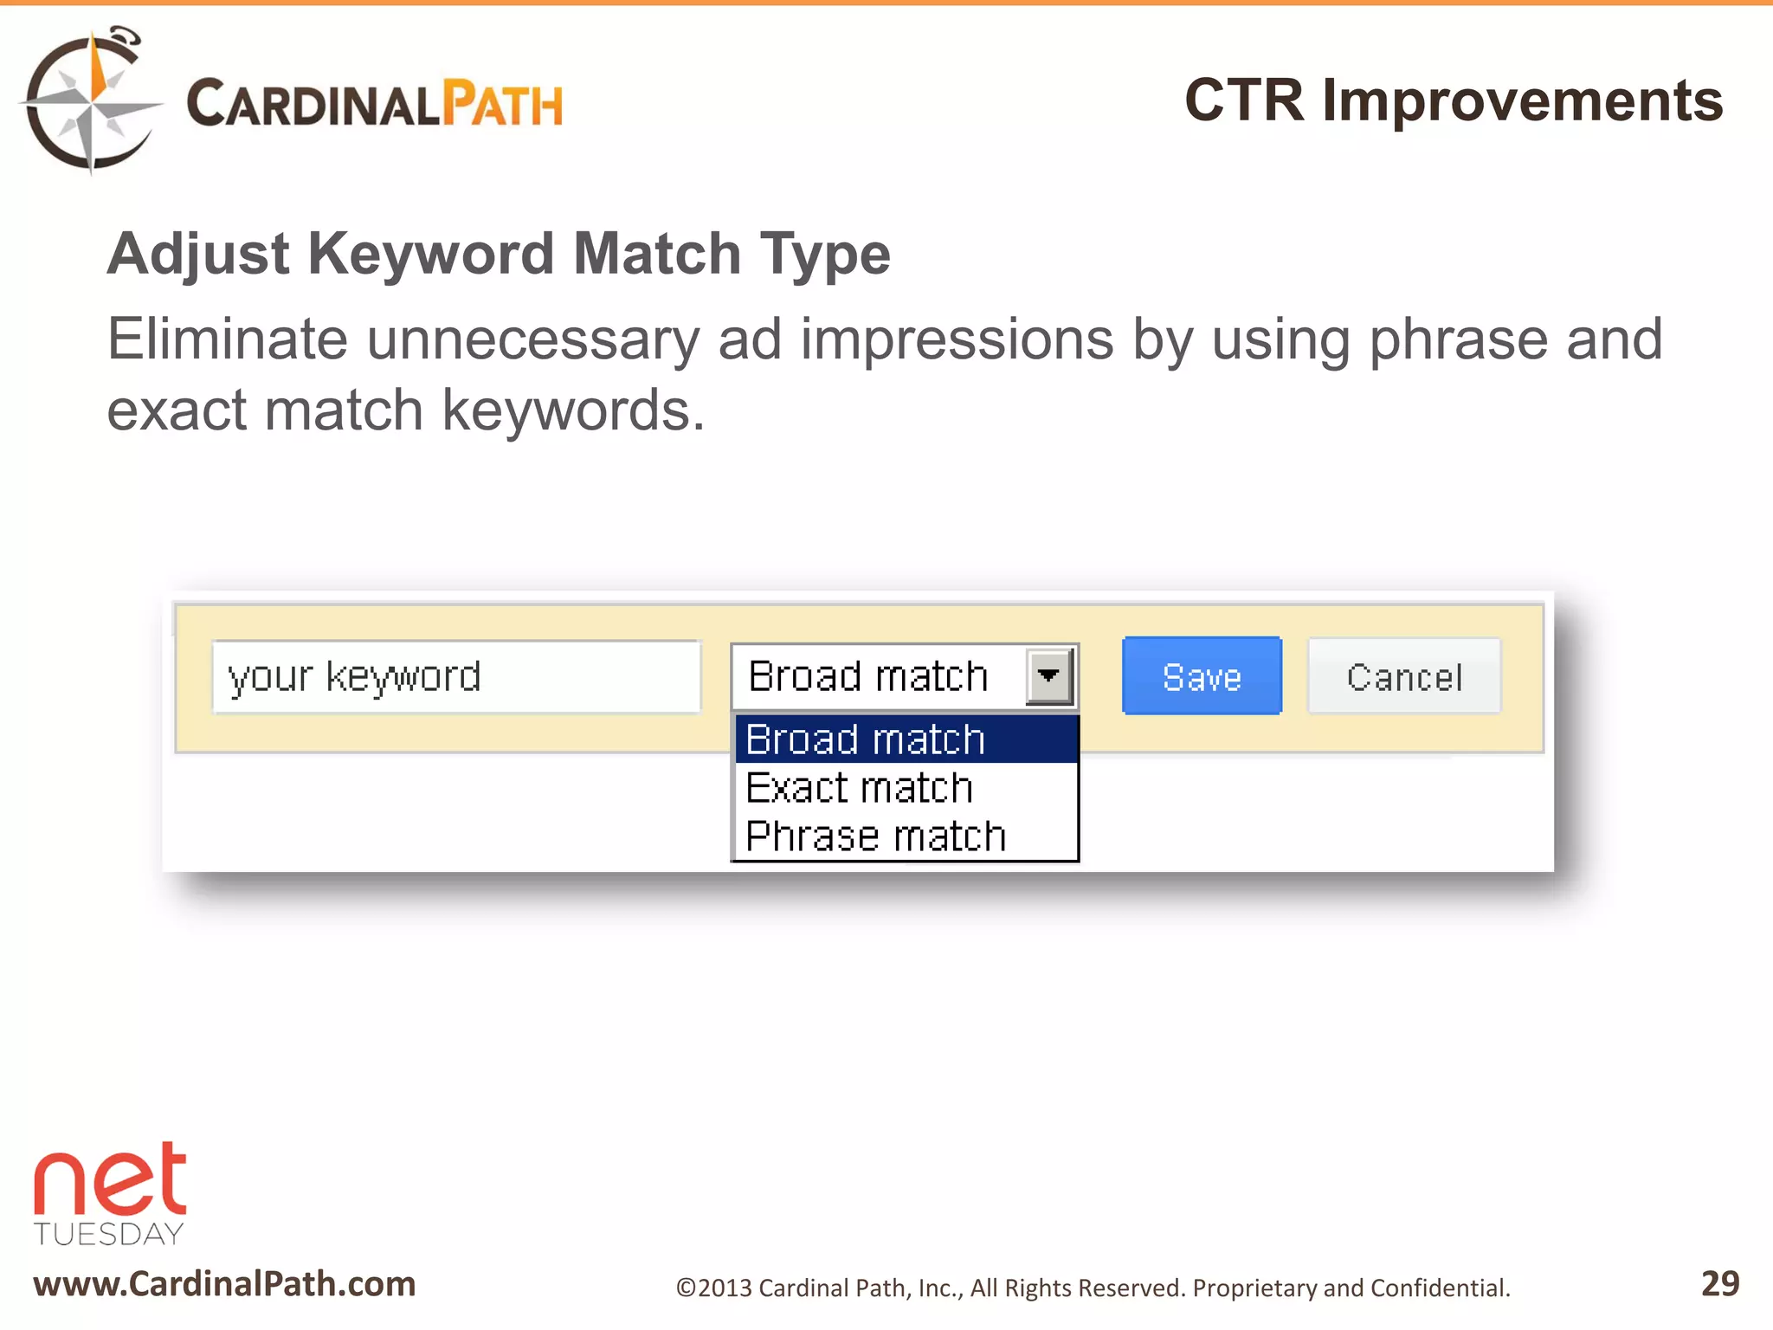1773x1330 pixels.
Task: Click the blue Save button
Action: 1202,676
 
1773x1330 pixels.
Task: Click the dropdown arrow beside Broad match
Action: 1048,676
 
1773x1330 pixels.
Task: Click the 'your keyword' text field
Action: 456,677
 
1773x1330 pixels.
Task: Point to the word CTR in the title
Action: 1243,100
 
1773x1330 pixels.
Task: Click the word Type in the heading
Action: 824,254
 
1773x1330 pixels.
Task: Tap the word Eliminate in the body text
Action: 227,339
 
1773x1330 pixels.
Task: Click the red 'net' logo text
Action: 110,1182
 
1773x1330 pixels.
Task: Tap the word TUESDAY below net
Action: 109,1234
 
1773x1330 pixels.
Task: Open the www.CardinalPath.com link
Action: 225,1283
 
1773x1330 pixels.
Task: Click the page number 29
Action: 1719,1283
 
